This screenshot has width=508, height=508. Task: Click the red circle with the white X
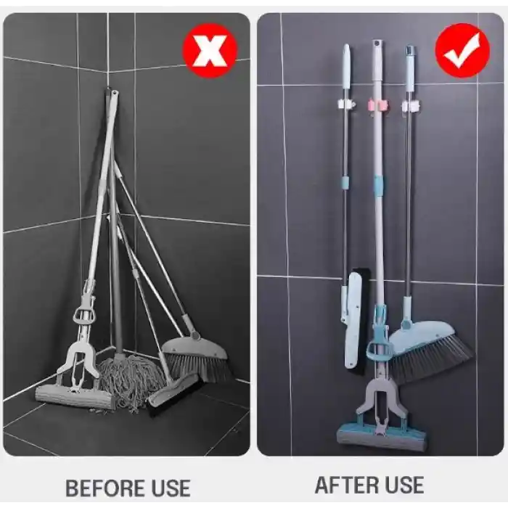coord(210,50)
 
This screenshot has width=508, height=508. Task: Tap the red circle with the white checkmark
coord(462,50)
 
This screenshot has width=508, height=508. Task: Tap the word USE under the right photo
coord(400,484)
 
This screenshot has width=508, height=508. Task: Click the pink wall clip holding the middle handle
coord(377,105)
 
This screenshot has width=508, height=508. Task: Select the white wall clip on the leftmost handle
coord(345,105)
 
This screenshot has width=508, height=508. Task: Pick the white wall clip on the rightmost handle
coord(411,106)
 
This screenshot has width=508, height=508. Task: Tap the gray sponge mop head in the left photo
coord(75,396)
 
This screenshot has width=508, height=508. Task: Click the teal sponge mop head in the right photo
coord(382,436)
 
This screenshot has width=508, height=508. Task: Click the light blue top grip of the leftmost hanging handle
coord(346,65)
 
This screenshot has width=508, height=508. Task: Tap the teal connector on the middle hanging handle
coord(378,186)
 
